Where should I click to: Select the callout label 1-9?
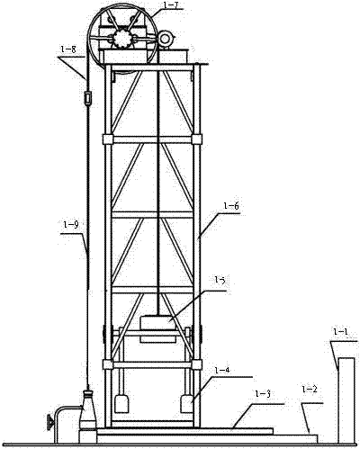point(71,225)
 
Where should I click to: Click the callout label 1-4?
point(222,371)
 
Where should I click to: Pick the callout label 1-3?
point(263,394)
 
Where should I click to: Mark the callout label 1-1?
point(341,332)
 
